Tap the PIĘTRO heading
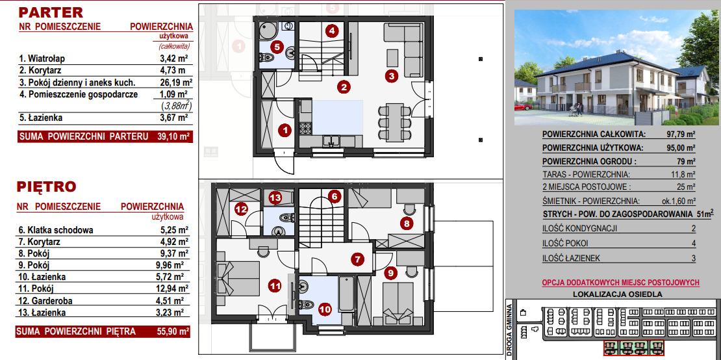click(x=46, y=186)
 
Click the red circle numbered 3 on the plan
click(x=391, y=76)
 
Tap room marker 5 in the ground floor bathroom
click(x=276, y=46)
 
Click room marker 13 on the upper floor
click(x=275, y=198)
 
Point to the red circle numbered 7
click(x=357, y=259)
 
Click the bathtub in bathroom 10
click(x=346, y=294)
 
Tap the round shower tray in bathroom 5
click(x=266, y=31)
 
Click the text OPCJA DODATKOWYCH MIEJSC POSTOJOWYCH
click(x=621, y=282)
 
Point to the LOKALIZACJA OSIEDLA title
click(x=618, y=295)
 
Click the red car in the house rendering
click(x=521, y=107)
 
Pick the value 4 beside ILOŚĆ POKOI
click(x=694, y=244)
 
